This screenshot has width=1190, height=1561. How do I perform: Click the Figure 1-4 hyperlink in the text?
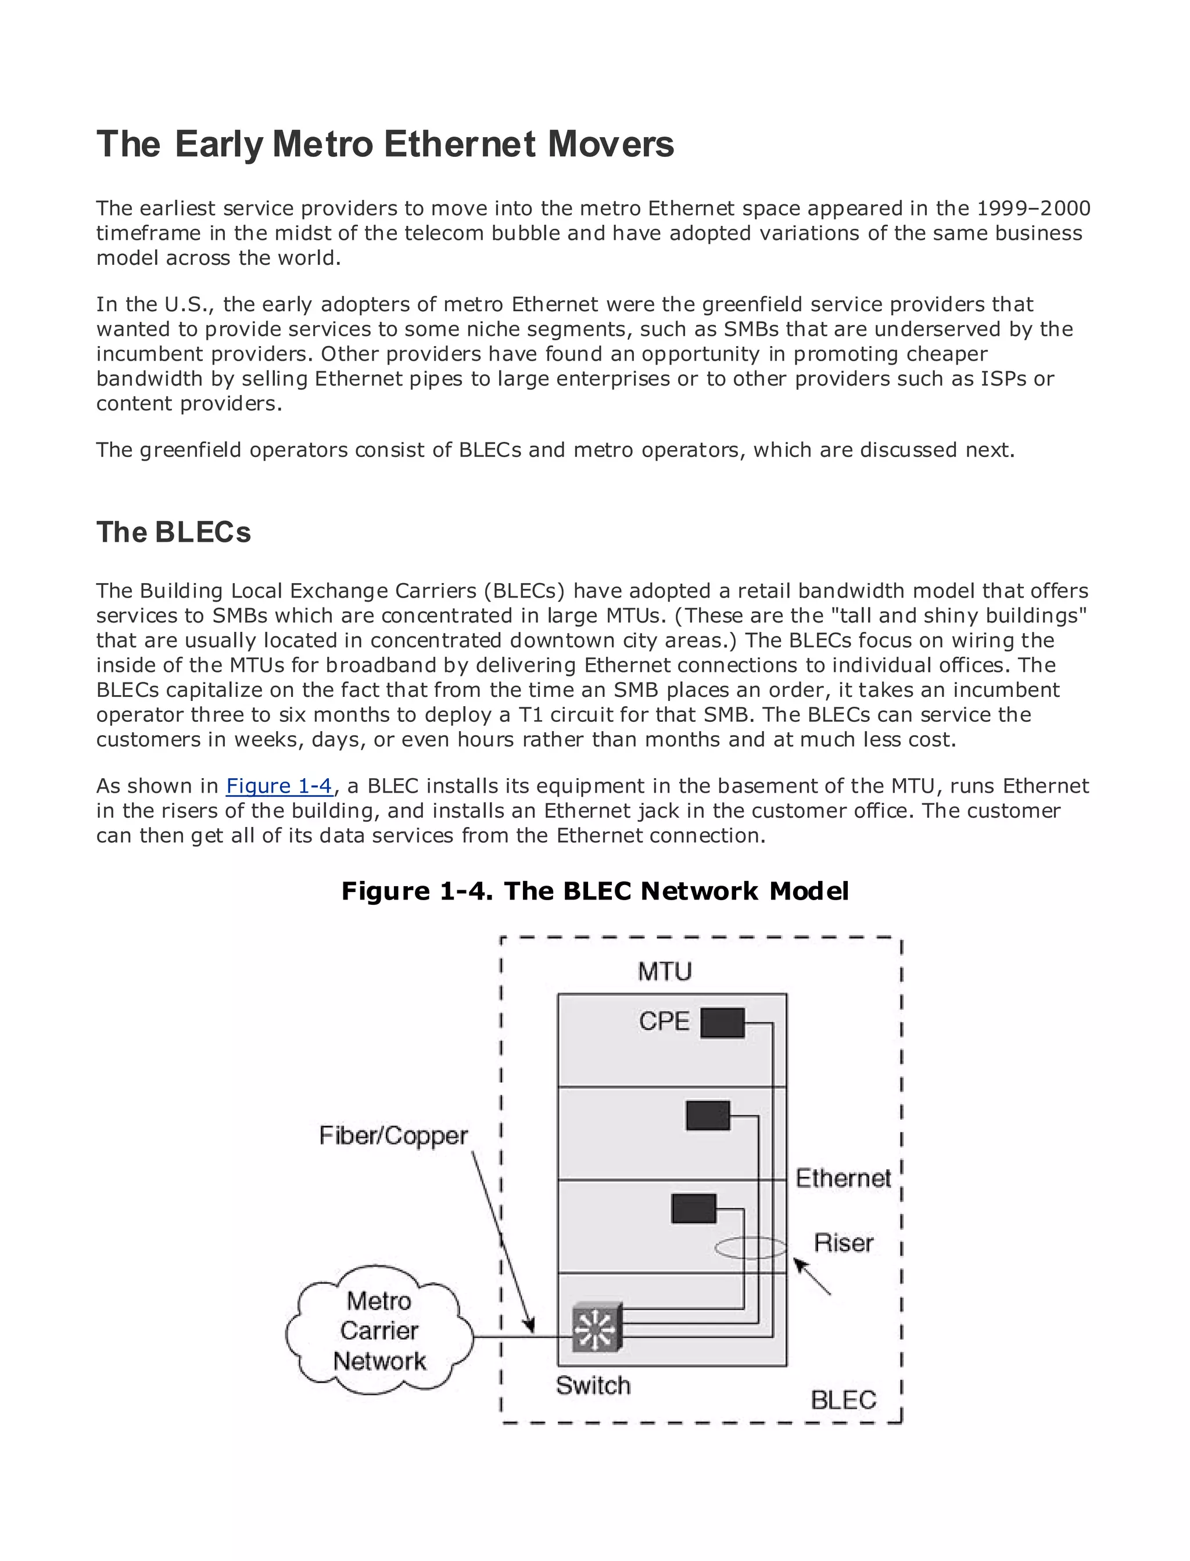279,786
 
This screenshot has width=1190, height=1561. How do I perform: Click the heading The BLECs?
174,533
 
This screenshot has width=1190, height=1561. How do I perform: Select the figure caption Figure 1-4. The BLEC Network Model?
594,891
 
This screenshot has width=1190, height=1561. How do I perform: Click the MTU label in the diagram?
664,972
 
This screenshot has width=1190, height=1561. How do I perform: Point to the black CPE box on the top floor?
722,1023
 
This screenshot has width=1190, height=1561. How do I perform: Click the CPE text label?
664,1021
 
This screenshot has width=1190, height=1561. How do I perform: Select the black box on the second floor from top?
708,1116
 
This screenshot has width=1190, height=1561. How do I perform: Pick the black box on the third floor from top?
693,1208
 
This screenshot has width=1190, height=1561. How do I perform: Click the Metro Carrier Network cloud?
379,1331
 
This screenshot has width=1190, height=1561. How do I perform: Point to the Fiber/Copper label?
393,1135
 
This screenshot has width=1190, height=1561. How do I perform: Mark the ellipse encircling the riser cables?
750,1248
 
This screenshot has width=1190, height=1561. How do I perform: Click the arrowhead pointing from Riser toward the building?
799,1264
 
